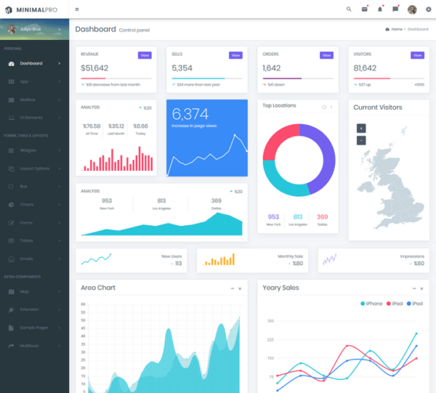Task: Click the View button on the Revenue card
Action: (145, 55)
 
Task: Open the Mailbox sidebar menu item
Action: (28, 100)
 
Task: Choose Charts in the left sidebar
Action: (26, 204)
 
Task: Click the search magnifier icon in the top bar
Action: (349, 9)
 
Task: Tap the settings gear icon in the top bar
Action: (428, 9)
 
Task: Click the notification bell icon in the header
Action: (379, 9)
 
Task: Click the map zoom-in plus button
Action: (361, 128)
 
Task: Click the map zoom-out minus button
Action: (361, 140)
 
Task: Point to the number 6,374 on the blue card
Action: (190, 114)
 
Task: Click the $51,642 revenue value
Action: (95, 68)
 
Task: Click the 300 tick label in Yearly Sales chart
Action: (270, 320)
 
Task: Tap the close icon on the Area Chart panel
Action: (240, 288)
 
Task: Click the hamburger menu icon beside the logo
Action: (77, 9)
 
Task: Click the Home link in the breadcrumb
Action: (395, 29)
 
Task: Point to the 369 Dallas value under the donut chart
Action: (322, 216)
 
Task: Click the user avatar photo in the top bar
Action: (412, 9)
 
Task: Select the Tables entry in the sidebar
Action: (26, 240)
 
